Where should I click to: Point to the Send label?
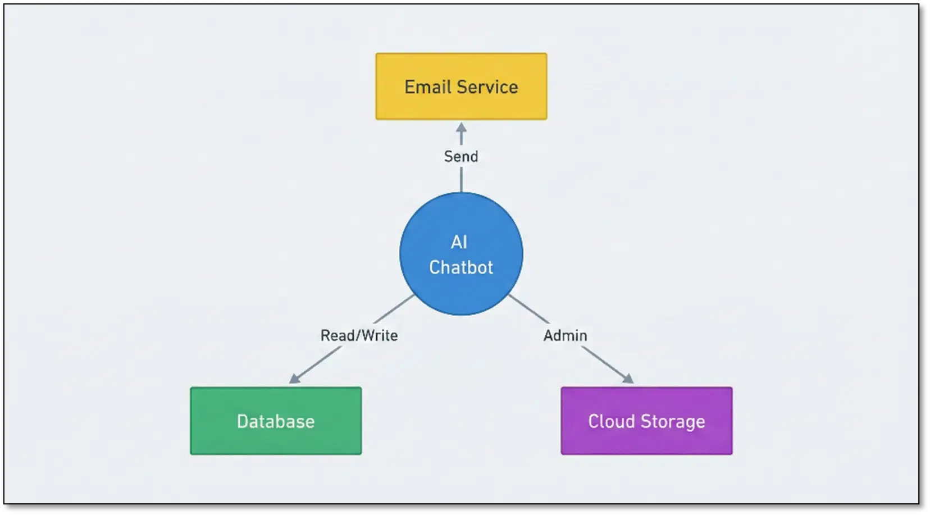tap(461, 156)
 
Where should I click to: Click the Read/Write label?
tap(359, 335)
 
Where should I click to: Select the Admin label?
tap(565, 335)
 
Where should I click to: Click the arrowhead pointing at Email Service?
tap(461, 127)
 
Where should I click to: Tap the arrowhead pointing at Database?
tap(294, 379)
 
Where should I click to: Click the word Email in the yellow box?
tap(428, 87)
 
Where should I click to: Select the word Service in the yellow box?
tap(487, 87)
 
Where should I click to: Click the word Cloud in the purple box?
tap(611, 421)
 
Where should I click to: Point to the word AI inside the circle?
tap(459, 242)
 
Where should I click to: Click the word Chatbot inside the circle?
tap(461, 267)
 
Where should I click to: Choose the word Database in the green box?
tap(276, 421)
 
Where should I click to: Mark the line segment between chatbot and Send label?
tap(461, 180)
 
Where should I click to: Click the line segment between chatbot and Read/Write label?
tap(394, 309)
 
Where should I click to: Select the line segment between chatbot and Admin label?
tap(529, 309)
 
